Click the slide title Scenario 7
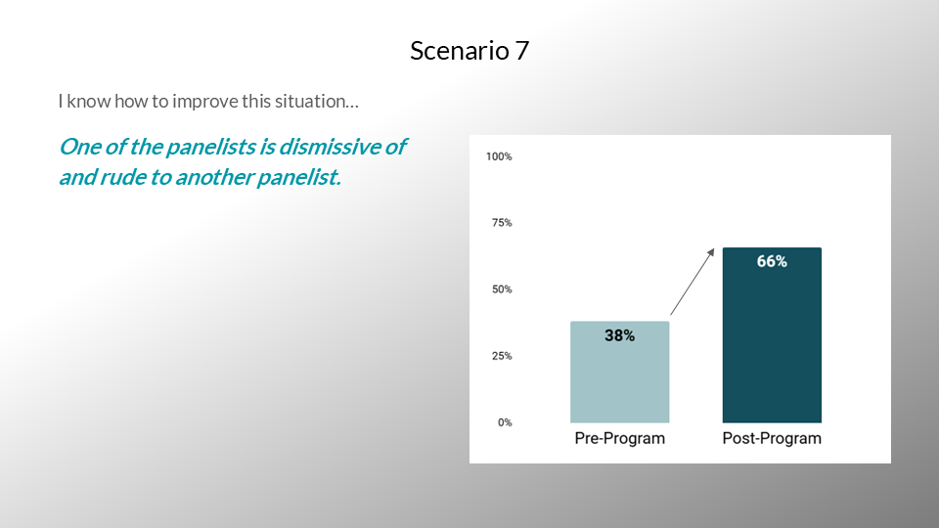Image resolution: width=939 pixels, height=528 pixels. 469,50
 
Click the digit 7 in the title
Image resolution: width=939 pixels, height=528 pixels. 521,51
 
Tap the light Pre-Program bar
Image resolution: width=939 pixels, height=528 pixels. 620,372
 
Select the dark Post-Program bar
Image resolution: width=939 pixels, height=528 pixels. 772,335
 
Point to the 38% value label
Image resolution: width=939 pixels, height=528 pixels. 620,335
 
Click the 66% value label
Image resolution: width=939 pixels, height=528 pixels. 772,261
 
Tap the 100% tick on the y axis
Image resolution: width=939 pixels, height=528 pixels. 499,156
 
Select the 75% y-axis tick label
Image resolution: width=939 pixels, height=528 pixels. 502,223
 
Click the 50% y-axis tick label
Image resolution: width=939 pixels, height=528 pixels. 502,289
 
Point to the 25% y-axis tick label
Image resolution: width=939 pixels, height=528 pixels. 502,356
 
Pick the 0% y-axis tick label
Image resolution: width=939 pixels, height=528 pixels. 505,422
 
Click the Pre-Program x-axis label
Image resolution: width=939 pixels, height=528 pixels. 620,438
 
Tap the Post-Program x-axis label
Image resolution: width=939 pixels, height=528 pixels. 772,438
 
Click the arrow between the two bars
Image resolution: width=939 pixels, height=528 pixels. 693,282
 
